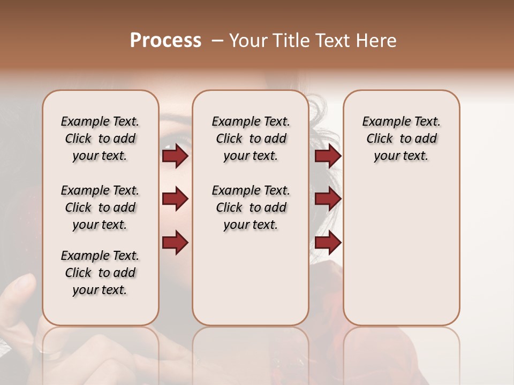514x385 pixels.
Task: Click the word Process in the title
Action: (165, 41)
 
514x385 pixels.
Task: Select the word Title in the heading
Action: (292, 41)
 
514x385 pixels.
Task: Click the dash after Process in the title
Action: (217, 41)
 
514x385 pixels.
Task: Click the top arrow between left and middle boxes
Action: (175, 156)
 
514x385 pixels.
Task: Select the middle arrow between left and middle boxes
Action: (175, 199)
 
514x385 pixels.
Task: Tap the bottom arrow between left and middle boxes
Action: (175, 242)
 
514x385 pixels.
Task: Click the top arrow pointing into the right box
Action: (328, 156)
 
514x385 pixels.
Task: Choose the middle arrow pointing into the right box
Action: (328, 199)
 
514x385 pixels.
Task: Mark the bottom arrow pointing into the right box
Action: (328, 242)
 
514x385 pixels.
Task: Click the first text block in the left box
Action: (100, 138)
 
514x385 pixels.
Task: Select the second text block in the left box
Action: (100, 207)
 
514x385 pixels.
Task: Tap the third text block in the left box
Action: (100, 273)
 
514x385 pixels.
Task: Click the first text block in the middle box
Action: (251, 138)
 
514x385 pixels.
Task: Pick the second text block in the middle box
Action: (251, 207)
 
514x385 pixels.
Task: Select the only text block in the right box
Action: (402, 138)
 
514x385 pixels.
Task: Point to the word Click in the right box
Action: (380, 139)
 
